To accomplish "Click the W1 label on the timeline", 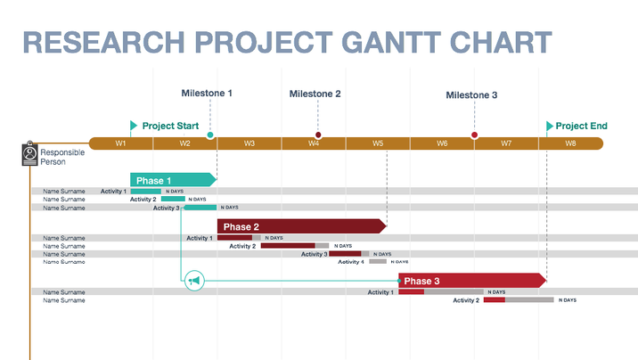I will (121, 143).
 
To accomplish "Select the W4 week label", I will (314, 143).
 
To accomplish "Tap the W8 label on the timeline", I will (570, 143).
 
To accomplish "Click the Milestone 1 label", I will (207, 94).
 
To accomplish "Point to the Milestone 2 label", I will (315, 94).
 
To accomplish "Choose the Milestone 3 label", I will (471, 95).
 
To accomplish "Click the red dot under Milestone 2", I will (318, 135).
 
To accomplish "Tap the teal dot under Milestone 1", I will (210, 135).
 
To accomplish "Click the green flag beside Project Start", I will (134, 126).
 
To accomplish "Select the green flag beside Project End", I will (549, 126).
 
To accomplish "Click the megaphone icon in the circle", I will (195, 282).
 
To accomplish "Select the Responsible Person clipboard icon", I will (29, 154).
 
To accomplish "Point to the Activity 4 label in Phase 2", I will (351, 262).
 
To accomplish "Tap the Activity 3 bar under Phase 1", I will (200, 208).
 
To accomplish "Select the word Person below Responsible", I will (53, 162).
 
